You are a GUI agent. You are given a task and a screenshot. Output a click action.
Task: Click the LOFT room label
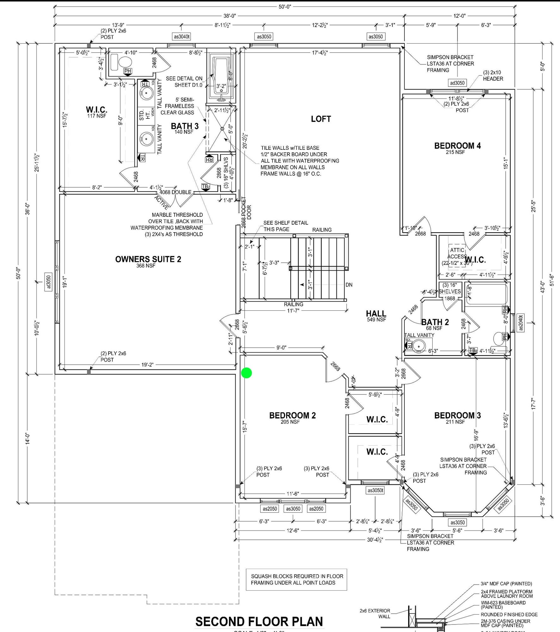click(x=321, y=119)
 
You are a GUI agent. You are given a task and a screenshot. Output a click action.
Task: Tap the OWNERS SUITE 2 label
click(x=148, y=259)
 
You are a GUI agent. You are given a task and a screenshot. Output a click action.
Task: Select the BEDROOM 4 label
click(x=457, y=146)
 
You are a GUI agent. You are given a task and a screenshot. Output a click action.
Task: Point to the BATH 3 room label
click(x=185, y=126)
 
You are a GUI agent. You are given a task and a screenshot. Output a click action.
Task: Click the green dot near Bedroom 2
click(x=246, y=373)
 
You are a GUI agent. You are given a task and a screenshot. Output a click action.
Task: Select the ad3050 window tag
click(x=457, y=83)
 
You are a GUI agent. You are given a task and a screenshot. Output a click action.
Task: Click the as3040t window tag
click(x=182, y=37)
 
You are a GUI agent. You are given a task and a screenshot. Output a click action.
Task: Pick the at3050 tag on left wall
click(x=49, y=282)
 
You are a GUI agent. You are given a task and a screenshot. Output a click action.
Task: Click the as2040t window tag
click(x=521, y=322)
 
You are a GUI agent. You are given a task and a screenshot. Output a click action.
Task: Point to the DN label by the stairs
click(x=349, y=285)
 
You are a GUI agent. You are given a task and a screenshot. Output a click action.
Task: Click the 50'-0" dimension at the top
click(x=285, y=6)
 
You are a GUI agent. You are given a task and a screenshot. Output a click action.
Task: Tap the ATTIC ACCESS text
click(x=457, y=253)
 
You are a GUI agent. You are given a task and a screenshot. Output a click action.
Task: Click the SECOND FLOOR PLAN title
click(x=259, y=621)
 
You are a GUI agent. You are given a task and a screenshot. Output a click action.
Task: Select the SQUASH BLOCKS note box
click(x=297, y=579)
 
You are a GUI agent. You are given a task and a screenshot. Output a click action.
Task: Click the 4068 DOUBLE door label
click(x=175, y=192)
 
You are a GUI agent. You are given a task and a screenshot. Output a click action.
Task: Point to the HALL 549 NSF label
click(x=376, y=315)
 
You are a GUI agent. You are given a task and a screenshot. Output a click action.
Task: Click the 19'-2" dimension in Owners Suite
click(x=147, y=365)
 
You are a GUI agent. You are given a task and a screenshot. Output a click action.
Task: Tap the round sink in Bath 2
click(x=419, y=346)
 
